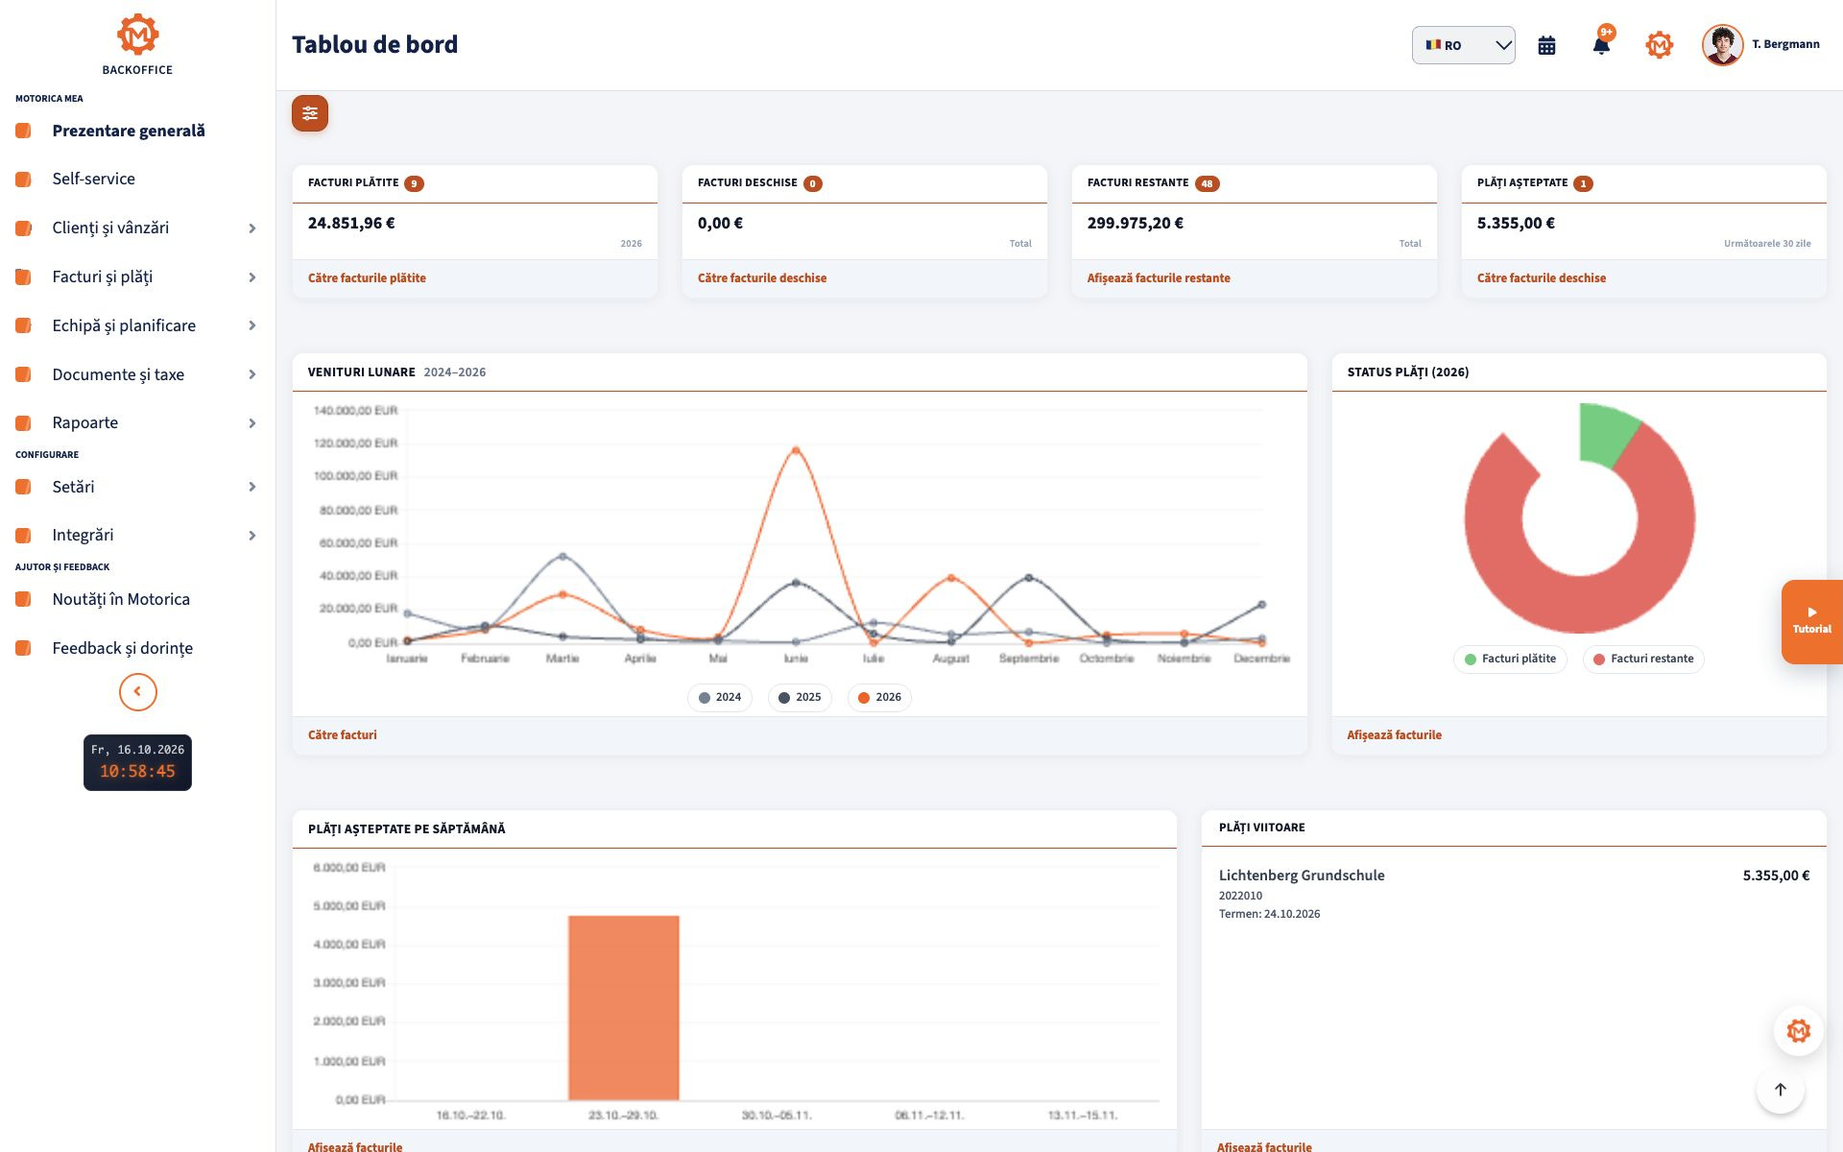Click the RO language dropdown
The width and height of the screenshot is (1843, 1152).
(1463, 45)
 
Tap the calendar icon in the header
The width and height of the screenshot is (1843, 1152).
(1546, 45)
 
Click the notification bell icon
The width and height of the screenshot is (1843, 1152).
(1601, 45)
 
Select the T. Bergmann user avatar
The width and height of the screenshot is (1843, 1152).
(1722, 45)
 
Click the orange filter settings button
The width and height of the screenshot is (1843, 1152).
(310, 113)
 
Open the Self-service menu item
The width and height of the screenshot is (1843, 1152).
(94, 179)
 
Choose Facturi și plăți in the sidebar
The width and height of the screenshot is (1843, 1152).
(103, 276)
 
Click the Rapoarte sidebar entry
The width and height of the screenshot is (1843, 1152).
(85, 422)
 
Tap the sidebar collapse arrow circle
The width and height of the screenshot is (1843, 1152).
(138, 691)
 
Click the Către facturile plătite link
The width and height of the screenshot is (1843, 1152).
(367, 278)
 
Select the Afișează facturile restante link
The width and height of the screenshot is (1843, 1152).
(1159, 278)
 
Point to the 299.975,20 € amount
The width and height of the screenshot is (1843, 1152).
(1136, 223)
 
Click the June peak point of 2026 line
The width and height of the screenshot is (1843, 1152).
(796, 449)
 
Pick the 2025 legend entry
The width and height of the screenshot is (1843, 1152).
(800, 697)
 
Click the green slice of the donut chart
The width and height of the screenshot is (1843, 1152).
(1605, 432)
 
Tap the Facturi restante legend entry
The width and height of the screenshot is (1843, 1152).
(1643, 659)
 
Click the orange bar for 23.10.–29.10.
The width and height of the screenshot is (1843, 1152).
(624, 1007)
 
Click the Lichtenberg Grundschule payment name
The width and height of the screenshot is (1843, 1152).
(1302, 876)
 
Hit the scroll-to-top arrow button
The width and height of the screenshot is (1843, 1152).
(1781, 1090)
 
